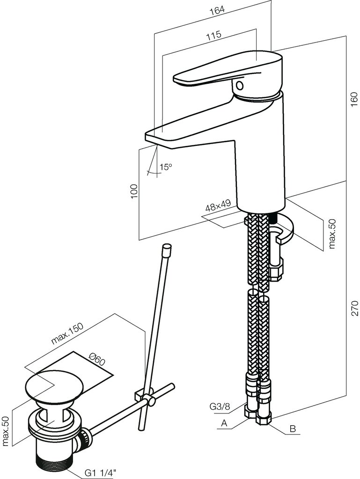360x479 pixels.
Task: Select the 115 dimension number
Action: [x=213, y=36]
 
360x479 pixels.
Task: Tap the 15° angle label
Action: [x=165, y=167]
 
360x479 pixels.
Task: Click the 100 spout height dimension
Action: [x=134, y=191]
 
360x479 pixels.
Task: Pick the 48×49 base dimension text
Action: [x=218, y=207]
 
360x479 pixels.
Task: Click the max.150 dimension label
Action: [x=67, y=334]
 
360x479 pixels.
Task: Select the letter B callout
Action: [x=293, y=428]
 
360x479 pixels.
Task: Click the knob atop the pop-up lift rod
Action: [x=166, y=248]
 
